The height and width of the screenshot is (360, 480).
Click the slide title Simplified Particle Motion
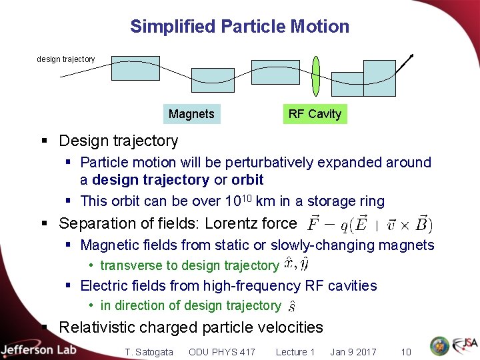239,27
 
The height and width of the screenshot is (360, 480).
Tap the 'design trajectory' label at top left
65,59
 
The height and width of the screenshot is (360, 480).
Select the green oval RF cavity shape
316,77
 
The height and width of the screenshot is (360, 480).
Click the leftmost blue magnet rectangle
135,68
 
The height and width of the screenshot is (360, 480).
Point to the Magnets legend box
191,114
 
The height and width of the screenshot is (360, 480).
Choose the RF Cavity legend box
315,114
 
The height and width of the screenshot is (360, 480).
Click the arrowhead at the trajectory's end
411,57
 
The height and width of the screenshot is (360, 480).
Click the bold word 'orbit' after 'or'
247,180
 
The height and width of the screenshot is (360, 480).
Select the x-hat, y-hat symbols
295,265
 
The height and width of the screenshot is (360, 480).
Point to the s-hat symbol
291,306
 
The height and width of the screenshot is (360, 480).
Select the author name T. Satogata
149,352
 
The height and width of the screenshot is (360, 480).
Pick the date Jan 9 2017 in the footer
353,352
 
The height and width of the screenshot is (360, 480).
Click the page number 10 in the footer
405,352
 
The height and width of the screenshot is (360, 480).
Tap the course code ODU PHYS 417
221,352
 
